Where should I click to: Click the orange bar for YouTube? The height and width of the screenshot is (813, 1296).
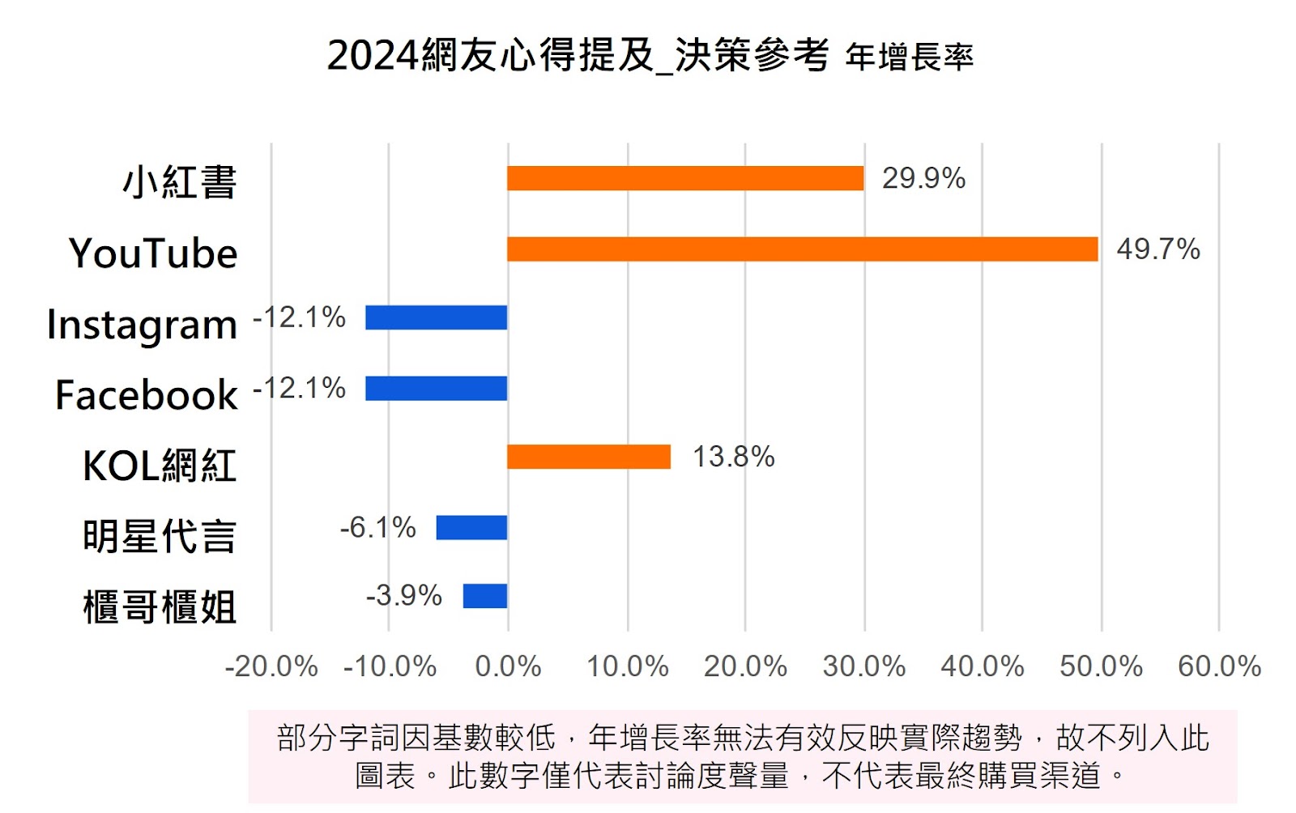tap(802, 249)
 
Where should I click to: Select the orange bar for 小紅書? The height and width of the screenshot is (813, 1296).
tap(685, 178)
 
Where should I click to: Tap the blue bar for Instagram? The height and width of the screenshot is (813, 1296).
tap(436, 317)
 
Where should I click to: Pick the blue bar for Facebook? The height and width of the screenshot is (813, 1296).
tap(436, 389)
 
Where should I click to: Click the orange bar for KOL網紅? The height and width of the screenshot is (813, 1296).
tap(589, 457)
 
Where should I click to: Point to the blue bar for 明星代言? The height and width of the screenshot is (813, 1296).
tap(471, 528)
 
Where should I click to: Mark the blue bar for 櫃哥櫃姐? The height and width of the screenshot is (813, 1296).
tap(484, 596)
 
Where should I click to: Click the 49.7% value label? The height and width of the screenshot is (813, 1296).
tap(1158, 249)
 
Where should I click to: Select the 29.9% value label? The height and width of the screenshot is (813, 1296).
tap(923, 178)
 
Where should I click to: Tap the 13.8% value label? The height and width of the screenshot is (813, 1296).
tap(733, 457)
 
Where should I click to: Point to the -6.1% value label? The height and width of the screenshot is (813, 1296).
tap(377, 528)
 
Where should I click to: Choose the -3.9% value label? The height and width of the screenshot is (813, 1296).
tap(403, 596)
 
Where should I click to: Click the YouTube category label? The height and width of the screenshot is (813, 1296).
tap(153, 253)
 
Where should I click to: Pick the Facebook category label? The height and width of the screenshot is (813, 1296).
tap(147, 395)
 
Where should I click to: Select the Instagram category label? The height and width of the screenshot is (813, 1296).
tap(142, 325)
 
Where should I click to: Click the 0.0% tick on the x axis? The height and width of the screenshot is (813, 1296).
tap(508, 666)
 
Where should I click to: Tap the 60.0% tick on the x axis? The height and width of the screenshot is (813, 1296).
tap(1219, 666)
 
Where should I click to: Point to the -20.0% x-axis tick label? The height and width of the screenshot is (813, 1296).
tap(271, 666)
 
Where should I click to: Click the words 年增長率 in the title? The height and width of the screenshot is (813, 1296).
tap(909, 57)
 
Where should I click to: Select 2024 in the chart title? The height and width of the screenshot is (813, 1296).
tap(373, 56)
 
